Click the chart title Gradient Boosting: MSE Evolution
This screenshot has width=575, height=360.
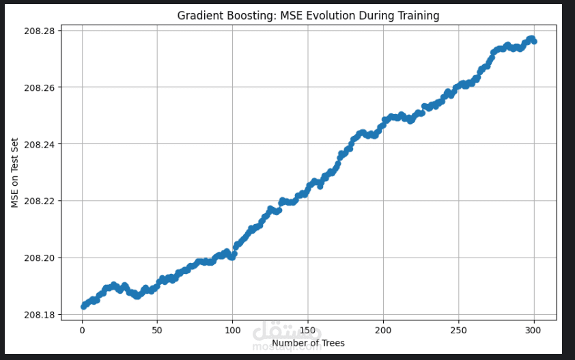click(x=308, y=15)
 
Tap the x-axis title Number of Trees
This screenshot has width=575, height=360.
click(x=308, y=343)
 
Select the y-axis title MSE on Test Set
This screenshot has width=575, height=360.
click(x=14, y=173)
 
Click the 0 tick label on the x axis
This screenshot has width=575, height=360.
click(x=82, y=330)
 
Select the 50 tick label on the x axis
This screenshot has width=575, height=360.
click(x=157, y=330)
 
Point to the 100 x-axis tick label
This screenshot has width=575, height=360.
click(x=232, y=330)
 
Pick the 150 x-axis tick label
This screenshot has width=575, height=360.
click(x=308, y=330)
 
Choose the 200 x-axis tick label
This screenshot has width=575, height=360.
click(x=383, y=330)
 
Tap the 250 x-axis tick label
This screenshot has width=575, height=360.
click(x=458, y=330)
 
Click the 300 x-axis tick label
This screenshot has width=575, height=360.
click(x=533, y=330)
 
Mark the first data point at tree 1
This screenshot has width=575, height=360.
click(x=83, y=307)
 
